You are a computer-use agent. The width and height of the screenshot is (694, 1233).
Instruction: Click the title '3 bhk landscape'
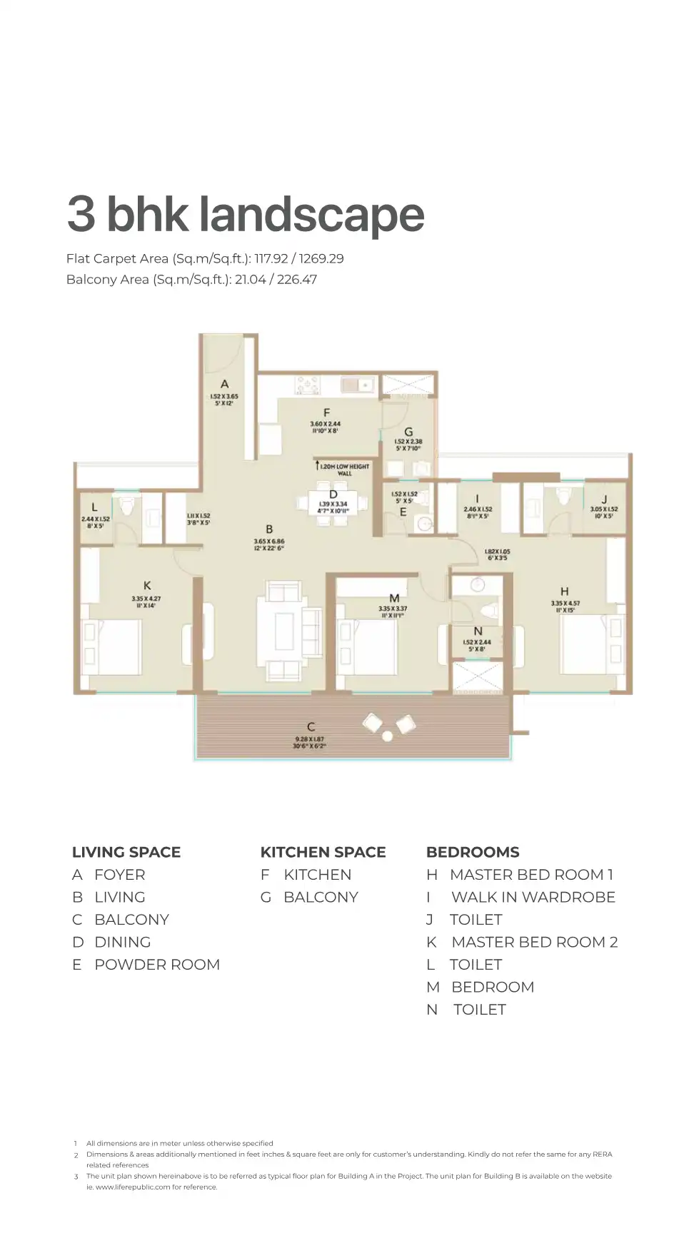point(246,214)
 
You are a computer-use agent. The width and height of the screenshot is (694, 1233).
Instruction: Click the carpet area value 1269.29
point(321,258)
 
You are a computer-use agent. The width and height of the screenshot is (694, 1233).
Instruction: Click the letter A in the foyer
point(224,384)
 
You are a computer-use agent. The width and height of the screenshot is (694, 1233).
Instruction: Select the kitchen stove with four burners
point(307,386)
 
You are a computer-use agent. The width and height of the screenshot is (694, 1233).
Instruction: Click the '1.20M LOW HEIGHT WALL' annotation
point(344,470)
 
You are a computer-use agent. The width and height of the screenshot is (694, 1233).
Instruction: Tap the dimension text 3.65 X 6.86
point(269,542)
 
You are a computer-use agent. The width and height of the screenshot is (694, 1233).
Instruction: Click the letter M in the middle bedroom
point(394,598)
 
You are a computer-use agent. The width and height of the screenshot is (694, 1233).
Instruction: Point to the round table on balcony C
point(388,735)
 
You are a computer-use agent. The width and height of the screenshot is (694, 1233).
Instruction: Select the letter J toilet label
point(604,499)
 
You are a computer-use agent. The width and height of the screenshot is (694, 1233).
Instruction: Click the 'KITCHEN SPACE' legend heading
point(323,852)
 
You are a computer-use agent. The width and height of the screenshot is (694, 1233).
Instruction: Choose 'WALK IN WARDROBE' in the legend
point(533,897)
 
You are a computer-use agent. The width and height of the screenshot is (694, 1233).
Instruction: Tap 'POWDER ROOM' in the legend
point(157,965)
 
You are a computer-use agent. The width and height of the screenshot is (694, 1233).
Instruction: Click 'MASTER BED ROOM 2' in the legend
point(534,942)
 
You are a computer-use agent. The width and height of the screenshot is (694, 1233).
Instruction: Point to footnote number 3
point(76,1177)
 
